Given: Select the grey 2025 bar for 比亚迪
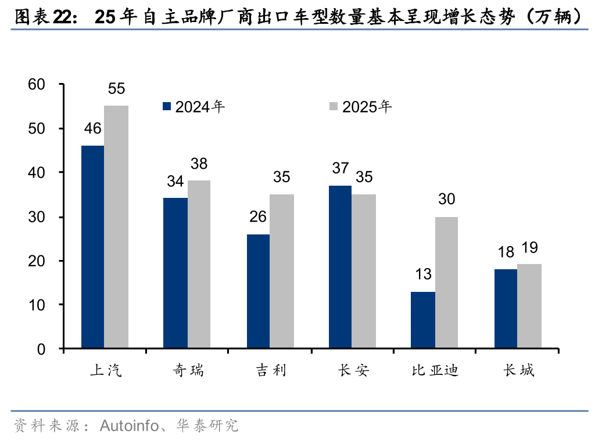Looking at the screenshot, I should coord(446,283).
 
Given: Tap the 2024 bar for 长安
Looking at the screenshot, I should coord(340,267).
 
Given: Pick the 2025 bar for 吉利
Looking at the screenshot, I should coord(282,272).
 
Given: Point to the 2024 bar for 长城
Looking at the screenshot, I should coord(506,309).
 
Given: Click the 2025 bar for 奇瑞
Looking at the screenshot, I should coord(199,265).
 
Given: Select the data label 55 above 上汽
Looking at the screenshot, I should coord(116,89).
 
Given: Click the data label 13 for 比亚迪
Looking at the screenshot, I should coord(423,274).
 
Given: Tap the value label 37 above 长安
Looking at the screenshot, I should coord(340,168).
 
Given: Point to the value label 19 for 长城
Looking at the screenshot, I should coord(529,248).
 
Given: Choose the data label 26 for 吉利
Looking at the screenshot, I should coord(258,217).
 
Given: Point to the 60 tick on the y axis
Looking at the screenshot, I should coord(37,85).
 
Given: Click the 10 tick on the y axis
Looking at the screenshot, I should coord(37,305).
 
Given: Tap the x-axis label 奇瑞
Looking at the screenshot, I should coord(188,370).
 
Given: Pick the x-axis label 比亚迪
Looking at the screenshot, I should coord(435,370).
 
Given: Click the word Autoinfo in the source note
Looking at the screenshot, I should coord(128,426).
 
